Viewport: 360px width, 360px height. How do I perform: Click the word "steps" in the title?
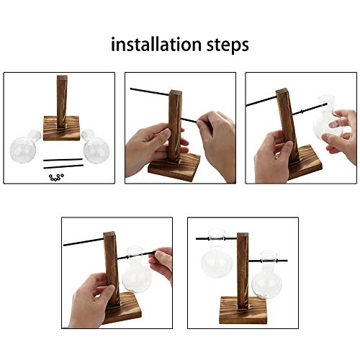click(x=225, y=46)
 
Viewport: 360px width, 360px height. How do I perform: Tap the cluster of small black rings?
click(x=53, y=176)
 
